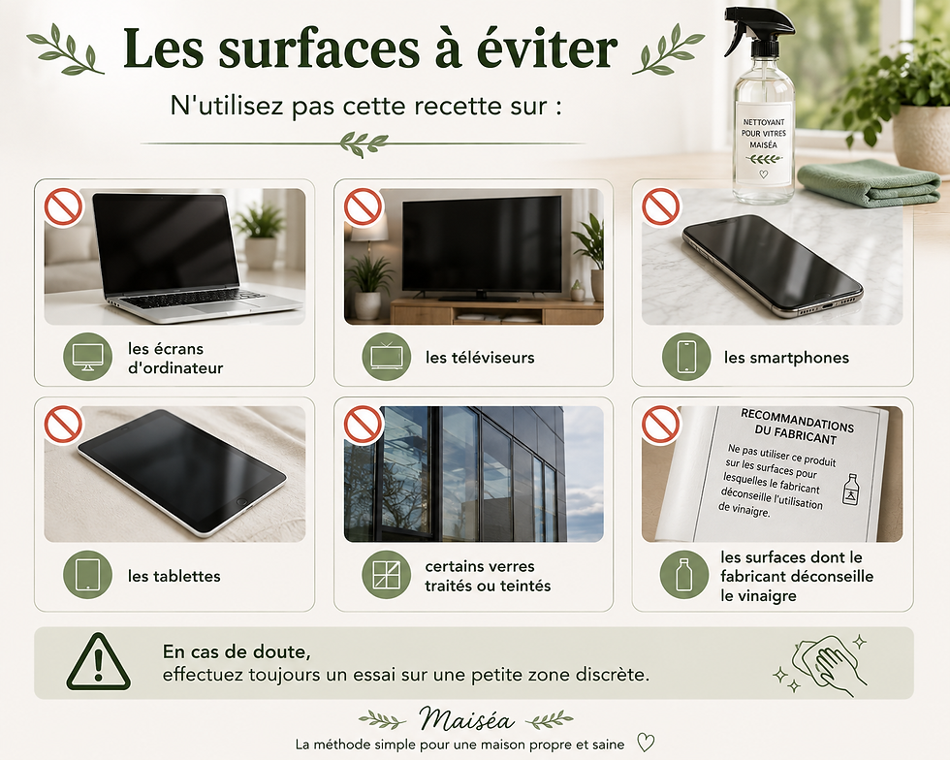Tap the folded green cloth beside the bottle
pyautogui.click(x=870, y=182)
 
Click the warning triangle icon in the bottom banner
pyautogui.click(x=98, y=662)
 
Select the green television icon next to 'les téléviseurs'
pyautogui.click(x=387, y=357)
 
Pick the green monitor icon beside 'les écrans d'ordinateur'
pyautogui.click(x=88, y=357)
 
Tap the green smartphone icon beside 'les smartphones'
pyautogui.click(x=686, y=357)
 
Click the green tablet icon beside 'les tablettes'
pyautogui.click(x=88, y=575)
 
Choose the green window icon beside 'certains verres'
pyautogui.click(x=387, y=575)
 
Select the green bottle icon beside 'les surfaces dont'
pyautogui.click(x=684, y=575)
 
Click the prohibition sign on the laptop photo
pyautogui.click(x=64, y=207)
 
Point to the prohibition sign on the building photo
pyautogui.click(x=364, y=425)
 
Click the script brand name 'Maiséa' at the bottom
pyautogui.click(x=466, y=719)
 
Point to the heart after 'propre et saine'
pyautogui.click(x=646, y=743)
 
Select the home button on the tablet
pyautogui.click(x=241, y=502)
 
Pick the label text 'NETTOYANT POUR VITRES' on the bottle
pyautogui.click(x=764, y=128)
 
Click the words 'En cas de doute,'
pyautogui.click(x=237, y=652)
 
